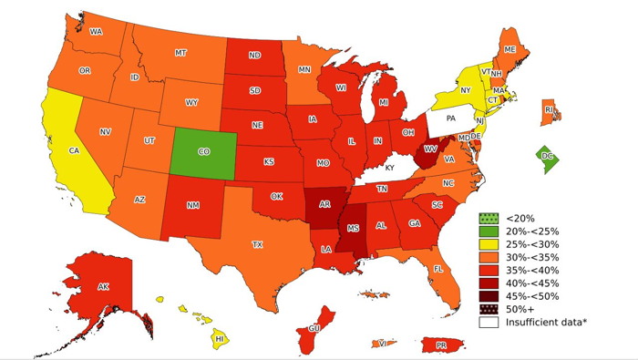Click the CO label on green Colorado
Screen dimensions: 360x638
(204, 151)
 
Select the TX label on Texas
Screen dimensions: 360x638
(257, 244)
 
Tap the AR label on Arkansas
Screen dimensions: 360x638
(324, 205)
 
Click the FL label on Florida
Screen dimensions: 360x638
(437, 269)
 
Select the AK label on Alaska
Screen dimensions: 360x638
(103, 287)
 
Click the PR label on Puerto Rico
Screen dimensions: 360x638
(440, 345)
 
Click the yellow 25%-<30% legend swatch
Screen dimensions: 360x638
(489, 245)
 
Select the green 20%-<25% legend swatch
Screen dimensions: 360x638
(489, 231)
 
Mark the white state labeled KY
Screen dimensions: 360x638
(389, 168)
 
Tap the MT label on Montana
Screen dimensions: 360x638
(180, 53)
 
